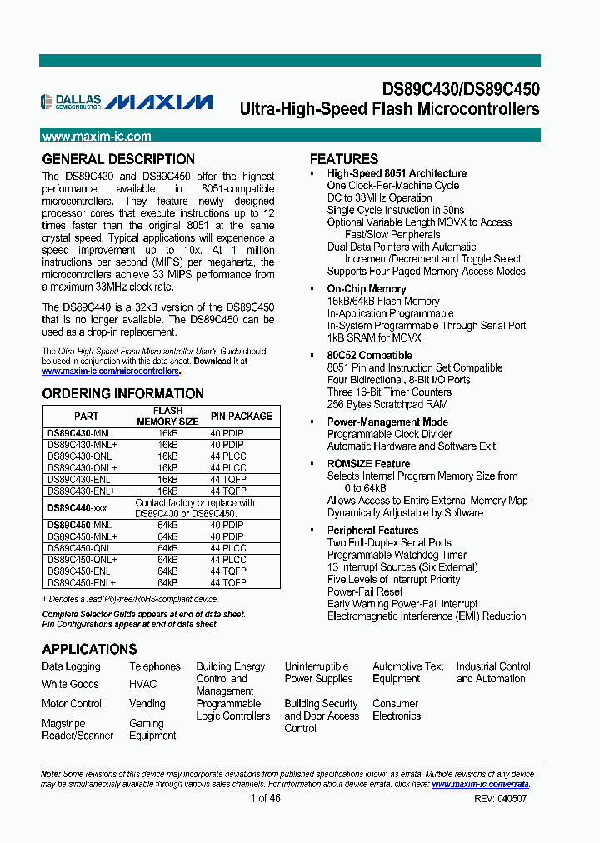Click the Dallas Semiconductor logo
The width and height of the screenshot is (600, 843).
coord(71,102)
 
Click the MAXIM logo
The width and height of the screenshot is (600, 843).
coord(159,102)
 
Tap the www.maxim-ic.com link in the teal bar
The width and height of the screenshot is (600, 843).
coord(97,137)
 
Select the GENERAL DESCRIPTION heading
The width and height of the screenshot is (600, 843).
coord(118,159)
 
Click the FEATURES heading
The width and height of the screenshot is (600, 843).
coord(344,159)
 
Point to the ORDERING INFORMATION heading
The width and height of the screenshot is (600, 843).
coord(122,394)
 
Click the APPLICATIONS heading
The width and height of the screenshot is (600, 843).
coord(89,649)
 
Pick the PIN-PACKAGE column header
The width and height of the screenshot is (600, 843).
coord(241,416)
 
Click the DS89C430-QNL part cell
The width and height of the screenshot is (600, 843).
coord(79,456)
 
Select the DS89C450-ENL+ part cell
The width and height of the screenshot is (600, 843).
coord(82,583)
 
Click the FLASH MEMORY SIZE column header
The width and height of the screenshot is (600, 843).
coord(167,416)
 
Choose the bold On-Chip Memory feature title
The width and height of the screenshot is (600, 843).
coord(367,289)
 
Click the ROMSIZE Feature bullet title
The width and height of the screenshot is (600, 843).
coord(368,464)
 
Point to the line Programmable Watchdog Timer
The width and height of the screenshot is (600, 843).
coord(397,555)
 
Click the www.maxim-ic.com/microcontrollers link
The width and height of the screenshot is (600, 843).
coord(111,372)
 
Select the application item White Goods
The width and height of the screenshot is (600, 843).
coord(70,684)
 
